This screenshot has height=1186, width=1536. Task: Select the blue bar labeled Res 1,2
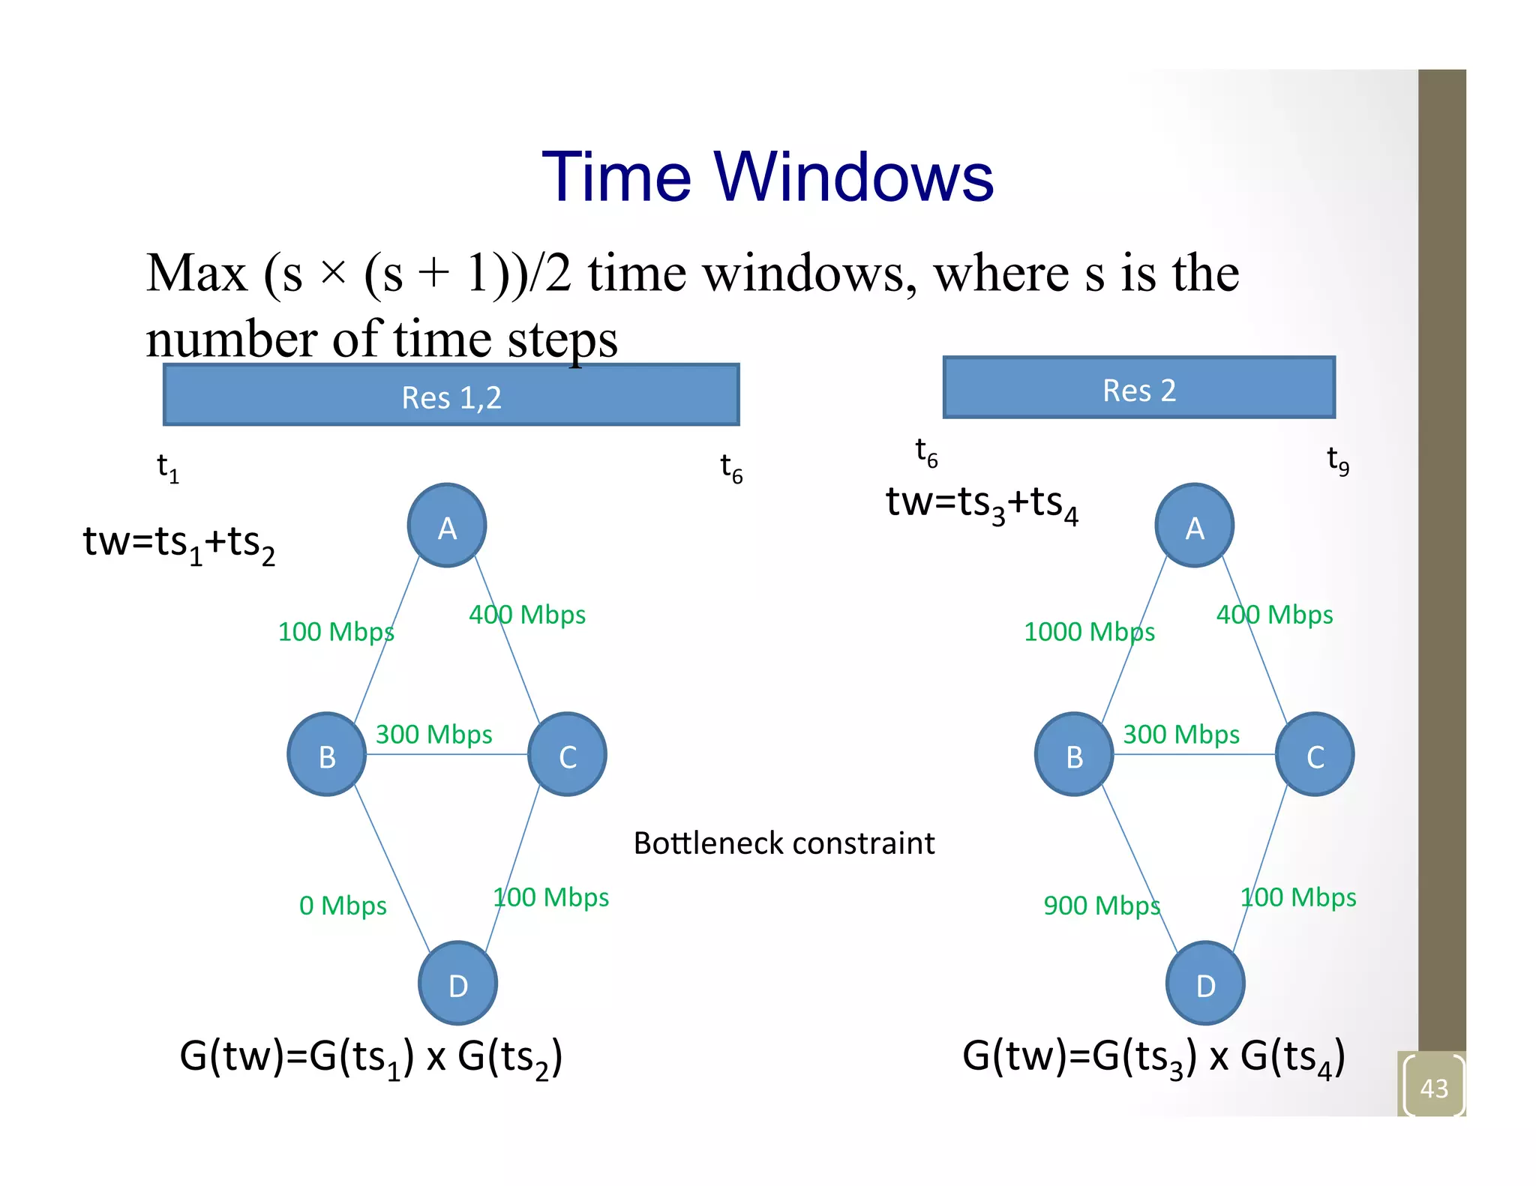click(x=451, y=396)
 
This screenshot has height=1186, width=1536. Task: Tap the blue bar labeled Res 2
click(x=1138, y=388)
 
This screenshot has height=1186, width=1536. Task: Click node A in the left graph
click(x=447, y=526)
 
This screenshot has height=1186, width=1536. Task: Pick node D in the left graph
click(x=457, y=983)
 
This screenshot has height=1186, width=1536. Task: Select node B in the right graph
click(x=1074, y=754)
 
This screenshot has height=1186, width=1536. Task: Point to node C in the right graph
click(x=1315, y=754)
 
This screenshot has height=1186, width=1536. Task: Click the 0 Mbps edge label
click(x=343, y=906)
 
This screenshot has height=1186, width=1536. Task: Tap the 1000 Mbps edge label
click(x=1089, y=631)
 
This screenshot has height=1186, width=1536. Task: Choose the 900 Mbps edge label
click(x=1101, y=906)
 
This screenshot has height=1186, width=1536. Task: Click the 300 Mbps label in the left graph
click(x=433, y=734)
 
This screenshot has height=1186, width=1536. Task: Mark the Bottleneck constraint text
click(x=784, y=843)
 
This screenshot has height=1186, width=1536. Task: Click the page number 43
click(x=1433, y=1088)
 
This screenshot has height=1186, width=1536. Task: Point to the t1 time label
click(x=168, y=468)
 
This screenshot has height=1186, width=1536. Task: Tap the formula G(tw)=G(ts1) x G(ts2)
click(x=370, y=1057)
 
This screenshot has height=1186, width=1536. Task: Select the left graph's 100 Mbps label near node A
click(x=335, y=631)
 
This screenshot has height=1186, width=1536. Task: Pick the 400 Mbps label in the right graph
click(x=1274, y=615)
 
